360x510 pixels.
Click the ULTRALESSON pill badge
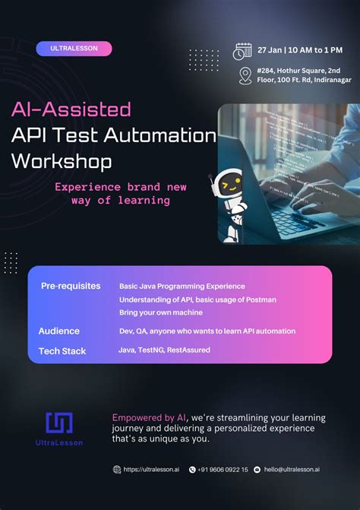74,49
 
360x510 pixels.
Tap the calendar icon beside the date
242,51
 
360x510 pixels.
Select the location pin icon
245,76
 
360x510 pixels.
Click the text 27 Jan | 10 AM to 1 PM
299,50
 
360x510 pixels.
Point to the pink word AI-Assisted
71,109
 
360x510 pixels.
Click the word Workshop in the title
62,161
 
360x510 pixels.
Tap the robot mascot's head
228,183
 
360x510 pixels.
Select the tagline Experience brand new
121,187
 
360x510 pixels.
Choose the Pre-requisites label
71,286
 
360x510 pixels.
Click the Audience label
59,331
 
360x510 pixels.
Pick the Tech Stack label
62,350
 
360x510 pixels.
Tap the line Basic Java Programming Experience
182,287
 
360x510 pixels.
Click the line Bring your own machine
160,312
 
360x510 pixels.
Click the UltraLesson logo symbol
59,422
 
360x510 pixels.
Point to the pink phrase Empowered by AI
149,418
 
